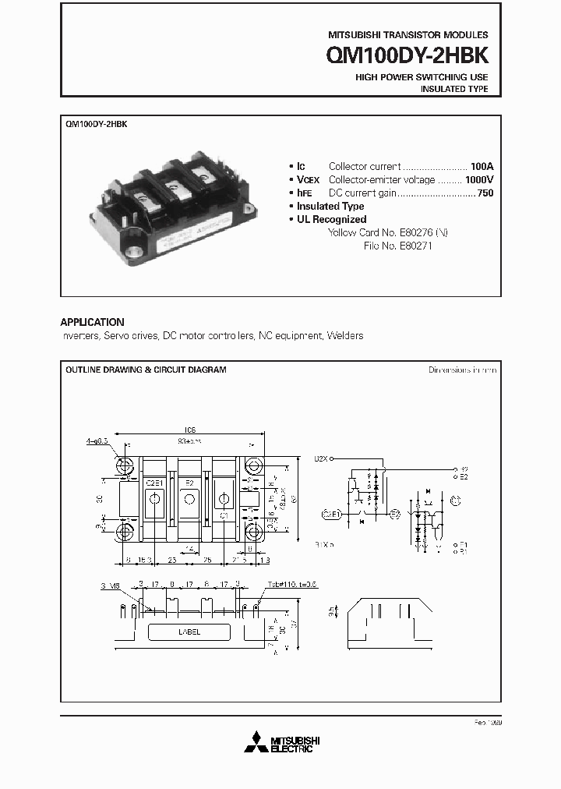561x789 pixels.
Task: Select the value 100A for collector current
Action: [482, 167]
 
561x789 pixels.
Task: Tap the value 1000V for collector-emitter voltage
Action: [478, 180]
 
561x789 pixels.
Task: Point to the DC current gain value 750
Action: [485, 193]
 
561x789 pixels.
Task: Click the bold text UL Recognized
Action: [331, 220]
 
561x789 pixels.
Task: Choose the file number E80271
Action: [414, 246]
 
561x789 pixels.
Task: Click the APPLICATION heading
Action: [92, 322]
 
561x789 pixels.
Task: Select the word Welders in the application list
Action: [345, 336]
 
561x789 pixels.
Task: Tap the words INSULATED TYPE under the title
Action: [454, 90]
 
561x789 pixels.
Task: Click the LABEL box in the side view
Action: [190, 632]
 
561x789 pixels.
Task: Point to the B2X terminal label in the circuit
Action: [321, 459]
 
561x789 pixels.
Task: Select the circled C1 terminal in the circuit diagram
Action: [456, 499]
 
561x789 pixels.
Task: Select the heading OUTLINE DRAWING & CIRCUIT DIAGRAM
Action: [146, 370]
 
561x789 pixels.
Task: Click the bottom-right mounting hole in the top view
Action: [254, 532]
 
